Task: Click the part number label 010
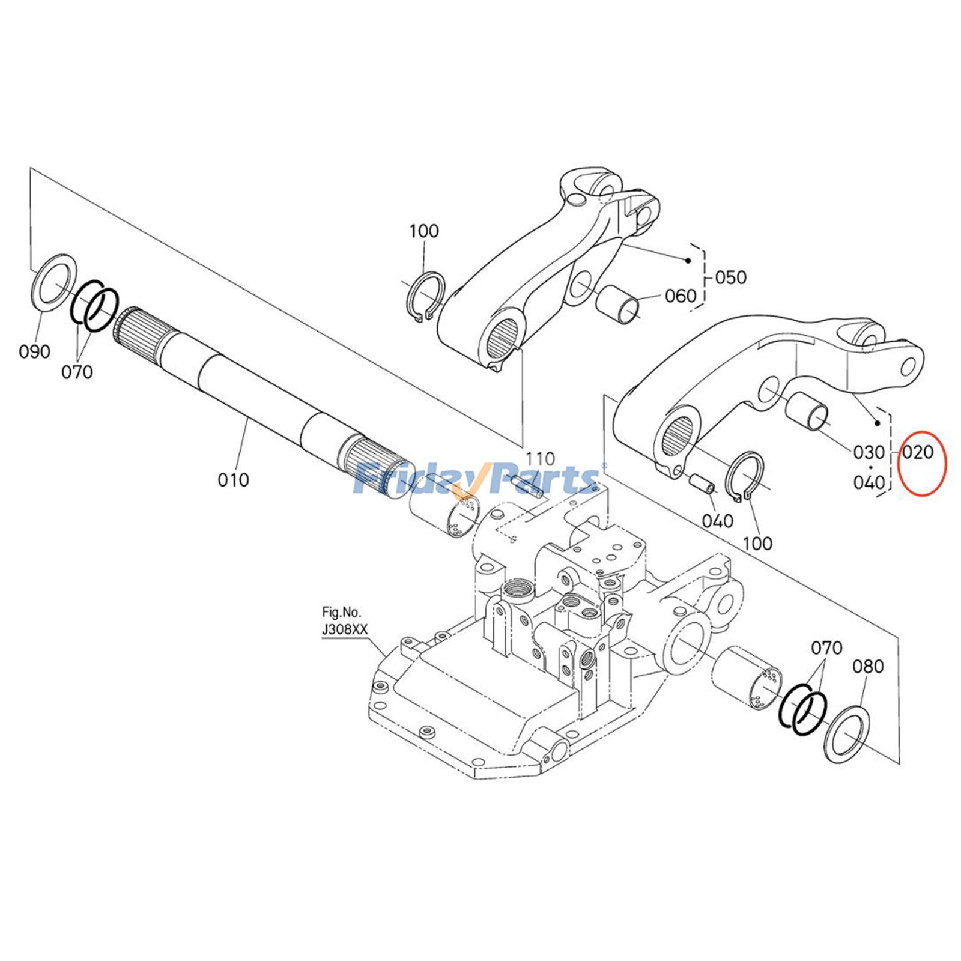233,480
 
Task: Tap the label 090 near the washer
35,351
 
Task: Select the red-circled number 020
918,452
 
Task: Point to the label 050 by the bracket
730,277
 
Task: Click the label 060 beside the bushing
680,296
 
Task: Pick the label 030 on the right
869,452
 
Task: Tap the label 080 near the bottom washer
868,666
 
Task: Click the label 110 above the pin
540,459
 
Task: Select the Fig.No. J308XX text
344,621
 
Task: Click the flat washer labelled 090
53,282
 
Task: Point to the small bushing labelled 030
808,411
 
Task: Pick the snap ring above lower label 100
745,475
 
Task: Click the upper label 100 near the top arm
424,231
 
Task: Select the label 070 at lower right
826,648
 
